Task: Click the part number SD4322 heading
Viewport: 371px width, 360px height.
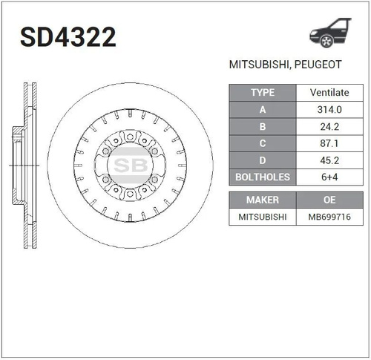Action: pyautogui.click(x=68, y=37)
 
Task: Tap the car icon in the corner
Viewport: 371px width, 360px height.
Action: pyautogui.click(x=330, y=33)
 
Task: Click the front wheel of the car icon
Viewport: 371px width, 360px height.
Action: pyautogui.click(x=326, y=41)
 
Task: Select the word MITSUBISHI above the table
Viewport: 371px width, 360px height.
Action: pyautogui.click(x=259, y=65)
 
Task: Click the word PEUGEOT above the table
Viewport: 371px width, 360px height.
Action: pyautogui.click(x=318, y=65)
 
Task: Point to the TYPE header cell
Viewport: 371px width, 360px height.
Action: pyautogui.click(x=263, y=93)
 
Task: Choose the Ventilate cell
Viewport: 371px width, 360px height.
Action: pyautogui.click(x=329, y=93)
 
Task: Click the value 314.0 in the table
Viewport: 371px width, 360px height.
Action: pyautogui.click(x=329, y=109)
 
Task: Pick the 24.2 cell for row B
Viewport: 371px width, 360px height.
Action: pyautogui.click(x=329, y=127)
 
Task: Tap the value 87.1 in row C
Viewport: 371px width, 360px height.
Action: pyautogui.click(x=329, y=143)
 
